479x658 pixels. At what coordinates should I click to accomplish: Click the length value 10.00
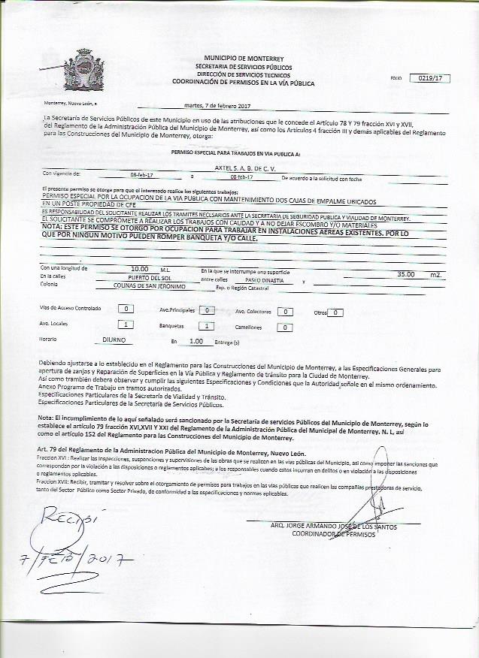pyautogui.click(x=139, y=268)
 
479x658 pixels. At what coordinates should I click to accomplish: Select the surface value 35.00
pyautogui.click(x=406, y=275)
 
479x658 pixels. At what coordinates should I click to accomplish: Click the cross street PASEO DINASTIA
pyautogui.click(x=264, y=279)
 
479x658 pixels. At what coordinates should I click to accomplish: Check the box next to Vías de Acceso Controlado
pyautogui.click(x=127, y=309)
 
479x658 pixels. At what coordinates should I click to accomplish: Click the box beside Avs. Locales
pyautogui.click(x=127, y=324)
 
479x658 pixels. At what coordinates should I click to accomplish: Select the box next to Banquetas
pyautogui.click(x=206, y=326)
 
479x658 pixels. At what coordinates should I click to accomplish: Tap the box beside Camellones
pyautogui.click(x=284, y=327)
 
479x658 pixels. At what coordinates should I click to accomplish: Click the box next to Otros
pyautogui.click(x=336, y=312)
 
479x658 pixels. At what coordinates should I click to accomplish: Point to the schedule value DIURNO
pyautogui.click(x=115, y=340)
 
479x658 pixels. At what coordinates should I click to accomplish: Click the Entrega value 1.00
pyautogui.click(x=197, y=341)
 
